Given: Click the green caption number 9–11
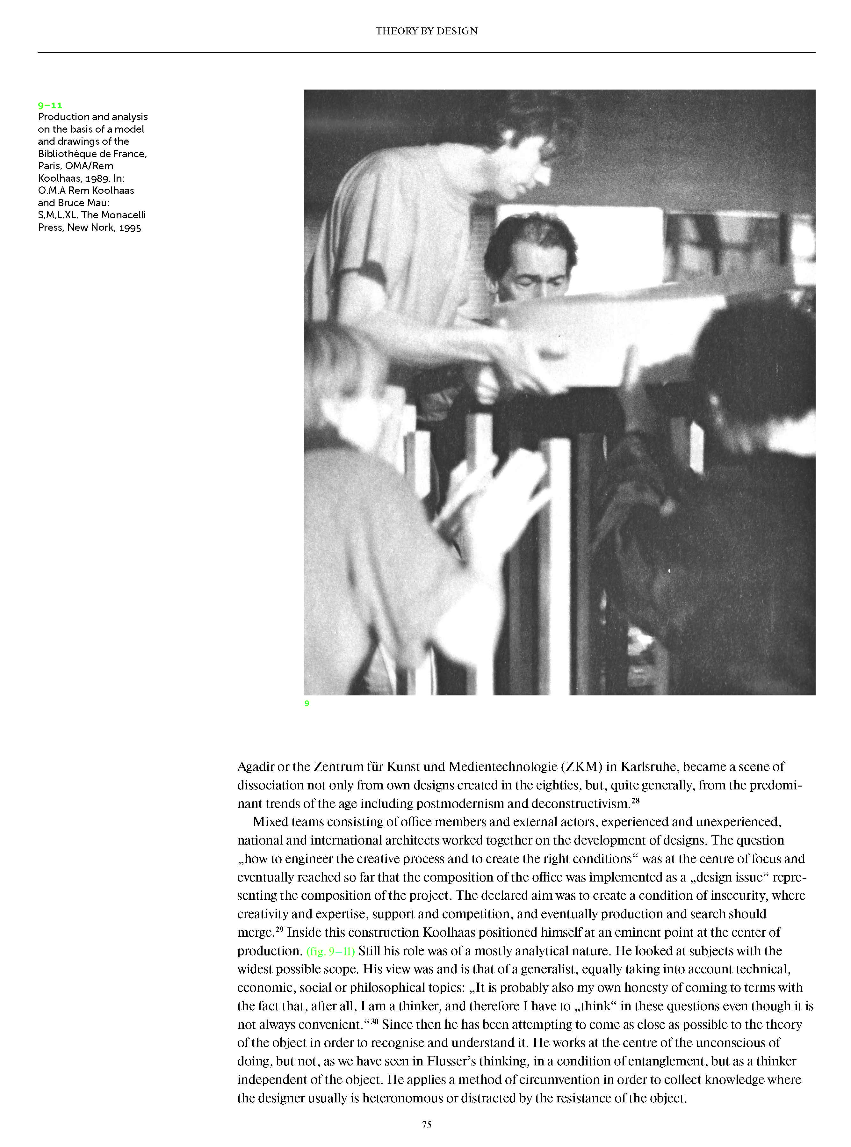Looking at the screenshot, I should [50, 105].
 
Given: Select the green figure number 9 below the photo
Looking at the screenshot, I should [307, 703].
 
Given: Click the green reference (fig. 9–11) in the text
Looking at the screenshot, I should [330, 951].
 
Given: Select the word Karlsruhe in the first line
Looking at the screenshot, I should [650, 767].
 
